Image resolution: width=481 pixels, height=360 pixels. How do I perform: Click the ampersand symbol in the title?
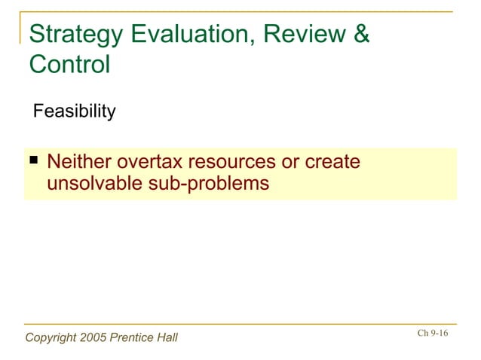click(x=361, y=35)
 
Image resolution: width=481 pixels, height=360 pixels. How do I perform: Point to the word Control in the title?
click(x=69, y=65)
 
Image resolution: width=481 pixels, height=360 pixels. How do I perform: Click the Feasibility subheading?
click(x=74, y=112)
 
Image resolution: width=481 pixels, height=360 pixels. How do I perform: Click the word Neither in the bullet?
click(x=76, y=162)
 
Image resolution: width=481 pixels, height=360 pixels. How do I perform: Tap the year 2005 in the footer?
click(x=93, y=337)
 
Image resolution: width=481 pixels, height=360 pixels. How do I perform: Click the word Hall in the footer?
click(x=167, y=337)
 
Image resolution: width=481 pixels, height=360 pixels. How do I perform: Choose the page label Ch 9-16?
click(x=432, y=333)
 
